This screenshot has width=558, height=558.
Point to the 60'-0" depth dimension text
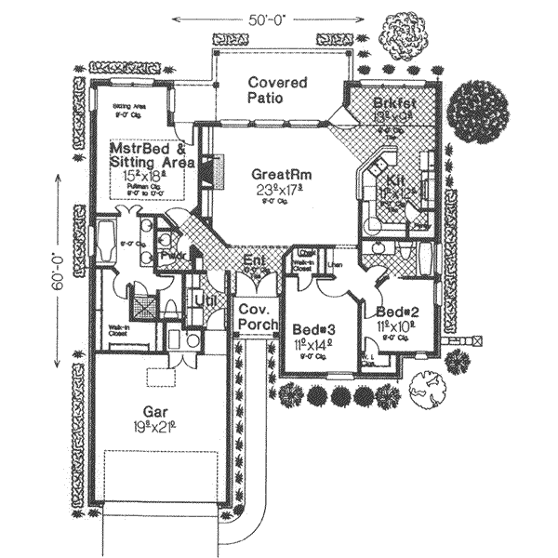[x=58, y=280]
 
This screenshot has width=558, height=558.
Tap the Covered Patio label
[x=277, y=89]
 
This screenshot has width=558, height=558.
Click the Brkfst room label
[x=393, y=103]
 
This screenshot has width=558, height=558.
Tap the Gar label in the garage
[x=155, y=410]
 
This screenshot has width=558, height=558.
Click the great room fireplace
[x=218, y=171]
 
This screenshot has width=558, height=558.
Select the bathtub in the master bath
[x=106, y=242]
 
